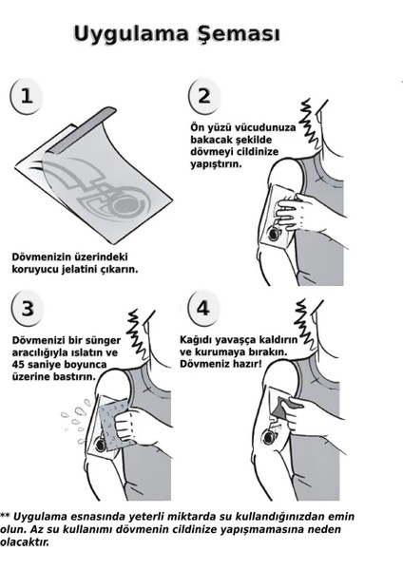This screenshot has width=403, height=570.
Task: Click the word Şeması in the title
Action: (243, 36)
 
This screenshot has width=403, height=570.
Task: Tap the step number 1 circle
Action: (27, 95)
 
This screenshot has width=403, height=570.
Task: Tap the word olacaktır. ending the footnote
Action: (22, 543)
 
